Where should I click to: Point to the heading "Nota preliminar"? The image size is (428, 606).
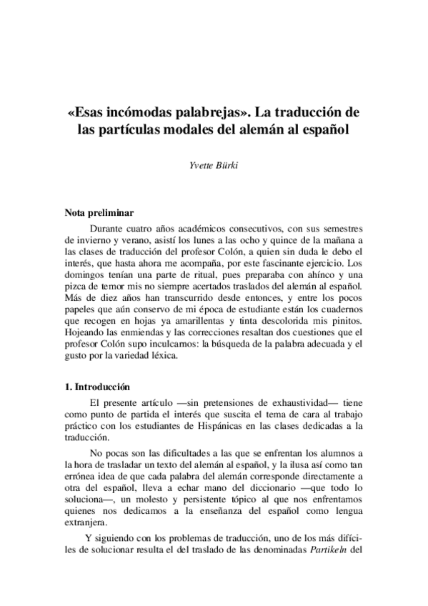(x=98, y=213)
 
